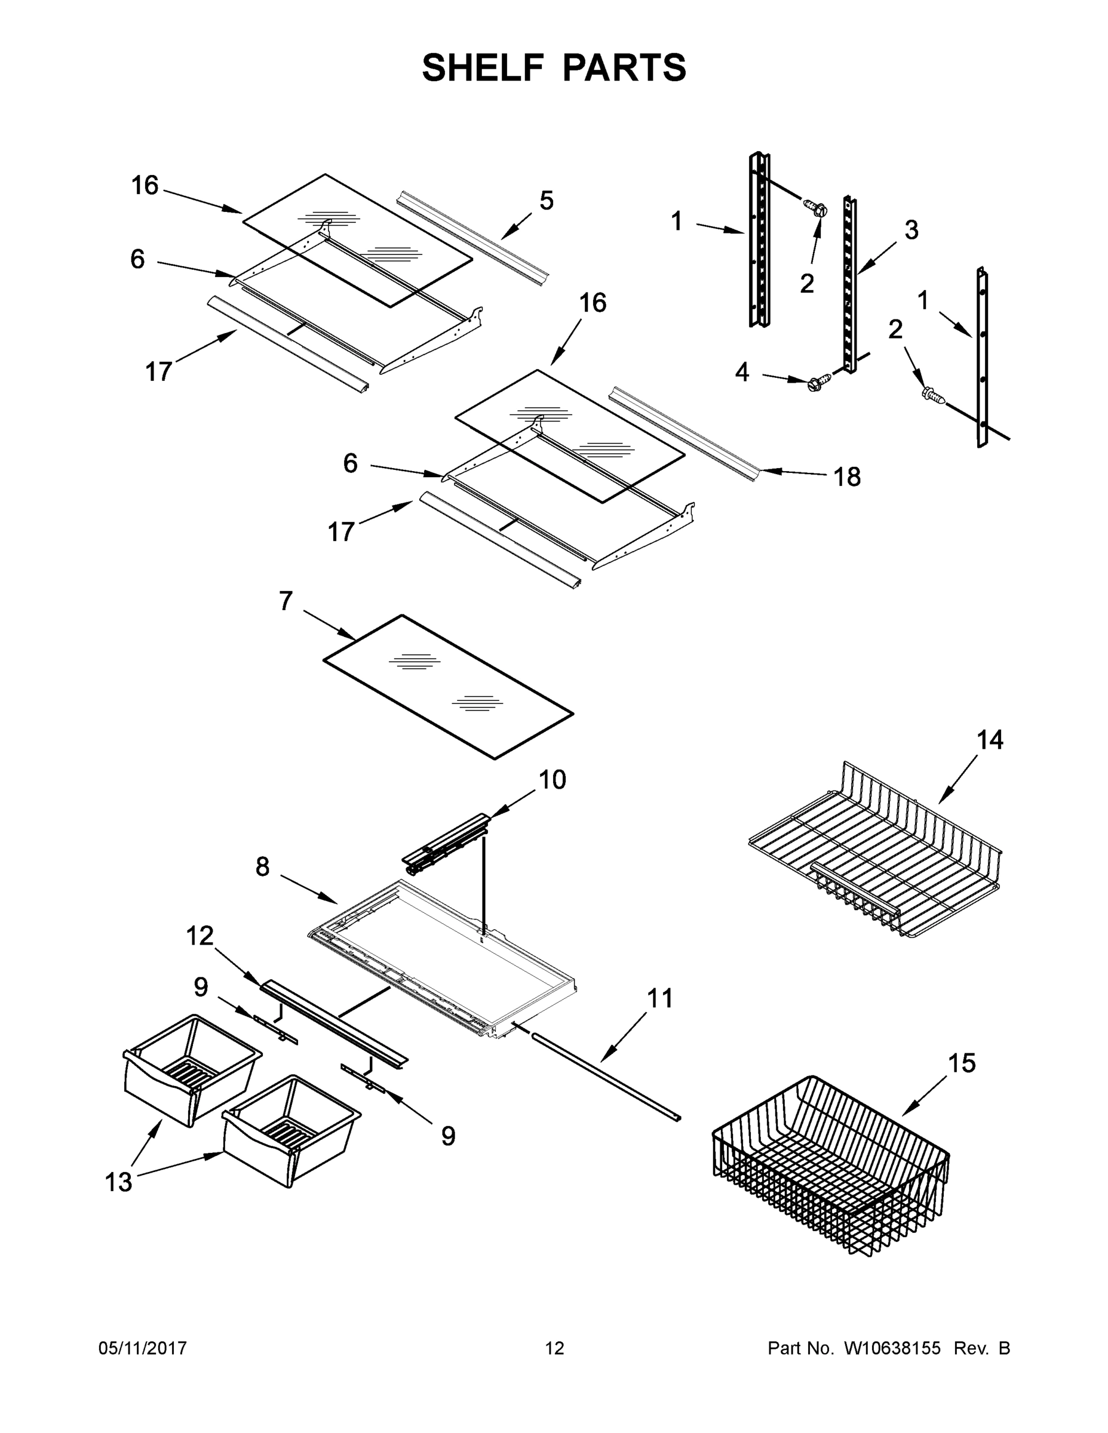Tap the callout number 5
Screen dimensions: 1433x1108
pos(546,201)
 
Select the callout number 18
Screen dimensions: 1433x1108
pos(847,477)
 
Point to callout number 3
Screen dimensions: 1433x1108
pos(911,230)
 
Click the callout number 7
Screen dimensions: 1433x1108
pos(286,601)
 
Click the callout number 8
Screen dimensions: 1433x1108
pos(263,867)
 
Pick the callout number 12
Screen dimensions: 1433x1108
pos(199,936)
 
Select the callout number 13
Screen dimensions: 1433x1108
pos(119,1182)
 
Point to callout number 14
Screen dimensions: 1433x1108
pos(990,740)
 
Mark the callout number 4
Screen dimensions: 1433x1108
pos(742,373)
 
